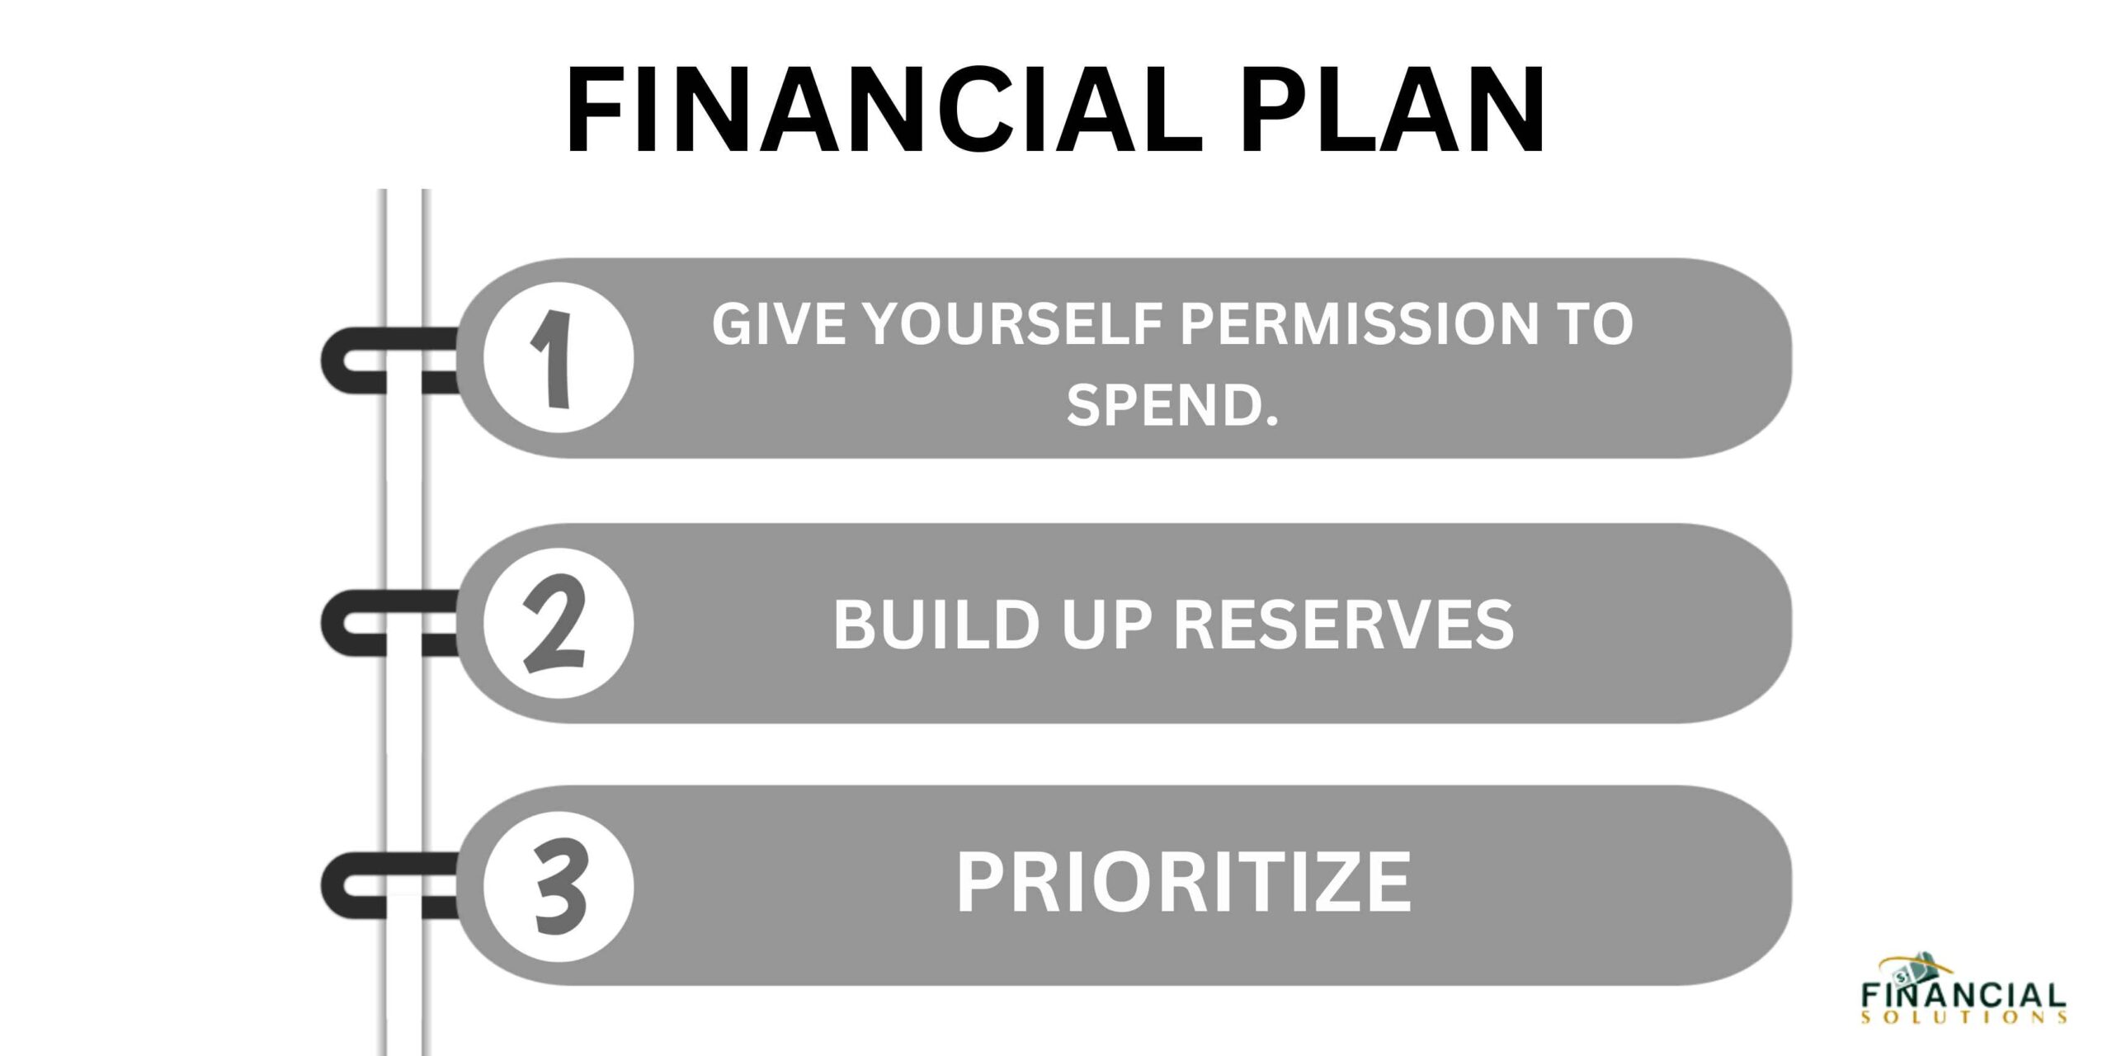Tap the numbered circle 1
coord(559,358)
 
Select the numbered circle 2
coord(559,624)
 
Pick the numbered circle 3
coord(559,886)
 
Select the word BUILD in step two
coord(936,625)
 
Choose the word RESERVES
coord(1344,625)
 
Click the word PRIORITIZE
coord(1183,883)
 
